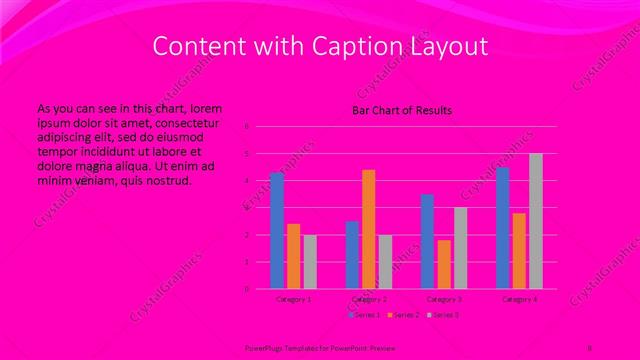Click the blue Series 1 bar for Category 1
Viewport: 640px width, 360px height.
coord(277,231)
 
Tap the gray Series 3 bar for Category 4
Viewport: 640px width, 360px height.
coord(536,221)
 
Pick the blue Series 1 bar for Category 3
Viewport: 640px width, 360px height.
coord(427,241)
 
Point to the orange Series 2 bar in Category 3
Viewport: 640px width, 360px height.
coord(444,264)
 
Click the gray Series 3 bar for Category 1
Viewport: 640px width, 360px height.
coord(310,262)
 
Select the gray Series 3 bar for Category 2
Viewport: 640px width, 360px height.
coord(386,262)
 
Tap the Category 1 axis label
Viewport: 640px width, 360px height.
coord(294,299)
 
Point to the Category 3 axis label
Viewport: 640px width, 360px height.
coord(444,299)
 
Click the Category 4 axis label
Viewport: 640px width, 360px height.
coord(519,299)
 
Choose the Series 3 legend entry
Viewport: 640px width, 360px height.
coord(443,315)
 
